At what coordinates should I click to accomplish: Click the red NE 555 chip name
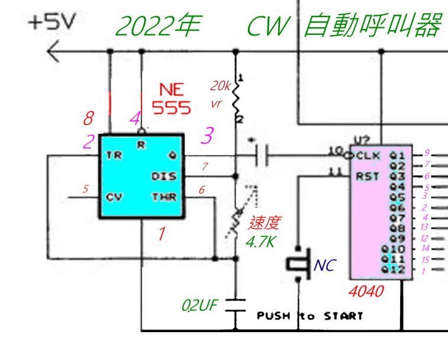click(x=172, y=98)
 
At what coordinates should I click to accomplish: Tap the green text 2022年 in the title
click(x=158, y=27)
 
